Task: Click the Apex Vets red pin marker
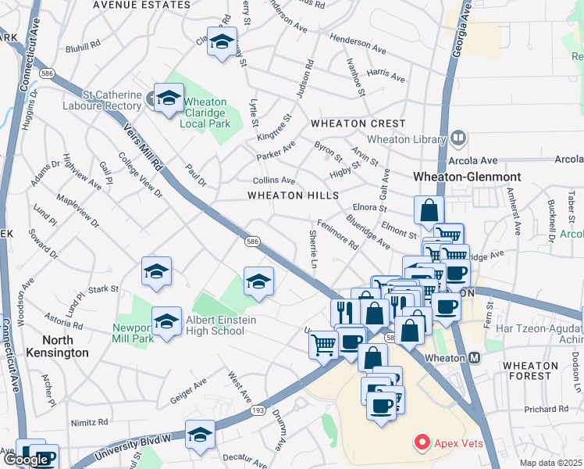click(x=422, y=443)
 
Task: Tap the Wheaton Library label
click(x=406, y=139)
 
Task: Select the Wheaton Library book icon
click(x=458, y=138)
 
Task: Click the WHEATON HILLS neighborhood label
click(x=293, y=195)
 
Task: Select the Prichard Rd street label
click(x=551, y=409)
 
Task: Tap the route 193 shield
click(x=237, y=410)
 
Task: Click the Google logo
click(x=27, y=460)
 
